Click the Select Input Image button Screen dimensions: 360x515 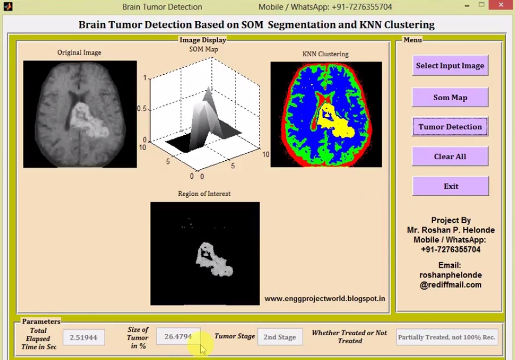(x=450, y=66)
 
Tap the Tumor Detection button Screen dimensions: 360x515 (x=450, y=127)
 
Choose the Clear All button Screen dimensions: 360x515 (x=450, y=156)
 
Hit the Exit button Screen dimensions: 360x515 (x=451, y=186)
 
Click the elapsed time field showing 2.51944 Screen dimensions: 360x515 (x=84, y=337)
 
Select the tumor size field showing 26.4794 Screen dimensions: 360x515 (x=178, y=337)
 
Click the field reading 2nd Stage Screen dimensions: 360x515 (x=279, y=337)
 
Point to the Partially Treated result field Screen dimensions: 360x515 (x=447, y=337)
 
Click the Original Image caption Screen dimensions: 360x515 (x=79, y=53)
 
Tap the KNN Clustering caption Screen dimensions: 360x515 (x=325, y=54)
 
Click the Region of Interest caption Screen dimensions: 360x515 (x=204, y=194)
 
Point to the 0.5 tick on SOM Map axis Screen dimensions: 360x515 (x=142, y=109)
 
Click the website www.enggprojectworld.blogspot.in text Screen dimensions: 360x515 (x=325, y=298)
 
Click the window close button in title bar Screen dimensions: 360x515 (x=501, y=5)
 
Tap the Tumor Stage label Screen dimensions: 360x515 (x=234, y=336)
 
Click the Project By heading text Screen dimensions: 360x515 (x=451, y=220)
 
